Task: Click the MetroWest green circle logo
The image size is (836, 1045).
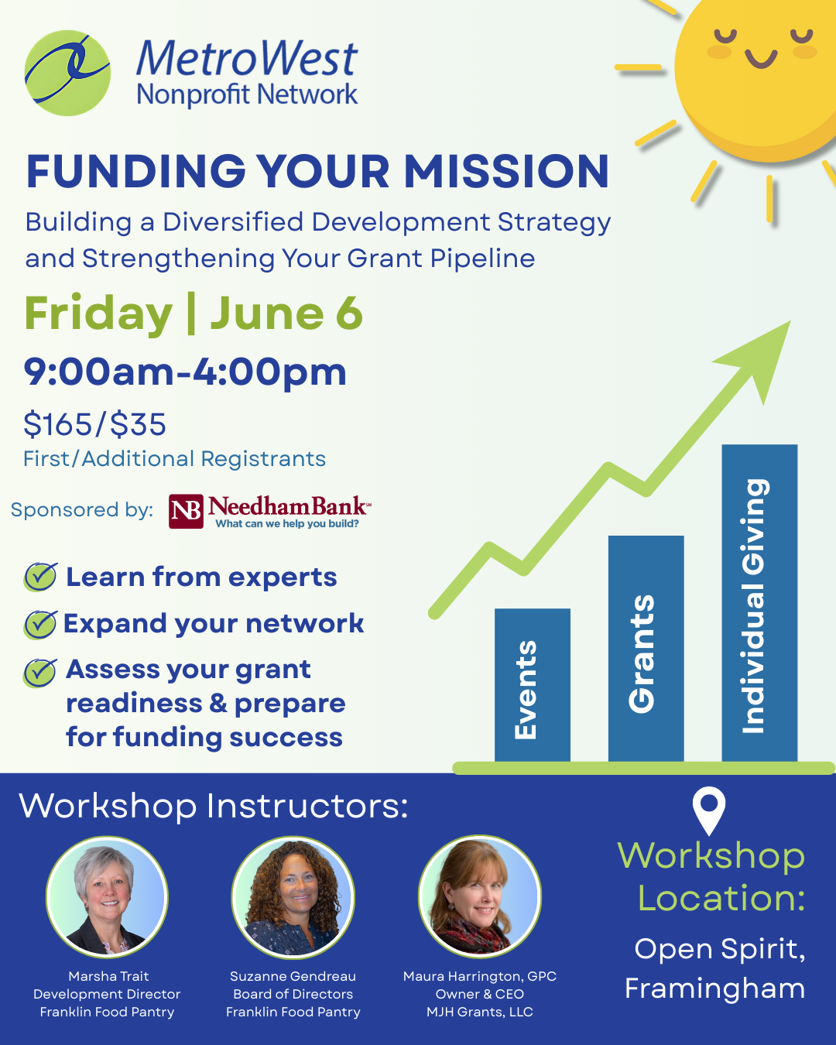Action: [x=67, y=74]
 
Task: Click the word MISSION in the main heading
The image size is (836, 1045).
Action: [x=507, y=171]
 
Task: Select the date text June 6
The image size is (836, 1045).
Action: [x=286, y=313]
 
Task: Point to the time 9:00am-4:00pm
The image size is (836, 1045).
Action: [x=185, y=372]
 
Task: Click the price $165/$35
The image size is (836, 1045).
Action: [x=94, y=424]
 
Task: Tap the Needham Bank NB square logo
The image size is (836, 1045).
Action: [x=186, y=511]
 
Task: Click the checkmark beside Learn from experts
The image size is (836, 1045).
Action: [x=40, y=577]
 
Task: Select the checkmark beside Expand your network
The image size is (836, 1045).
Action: [x=40, y=624]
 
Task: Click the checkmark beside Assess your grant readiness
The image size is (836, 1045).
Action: [x=40, y=672]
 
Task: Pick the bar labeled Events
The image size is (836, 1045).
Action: [x=533, y=685]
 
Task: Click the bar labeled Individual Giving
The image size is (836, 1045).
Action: [x=759, y=603]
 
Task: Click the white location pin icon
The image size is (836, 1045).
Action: [x=708, y=810]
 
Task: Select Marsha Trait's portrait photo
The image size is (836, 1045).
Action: [x=107, y=898]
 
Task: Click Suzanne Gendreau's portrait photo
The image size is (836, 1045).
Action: [x=293, y=898]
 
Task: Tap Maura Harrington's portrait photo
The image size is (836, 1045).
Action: [x=479, y=898]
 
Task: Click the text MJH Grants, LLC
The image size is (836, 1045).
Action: [x=479, y=1012]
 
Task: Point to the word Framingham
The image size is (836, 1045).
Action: [x=714, y=988]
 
